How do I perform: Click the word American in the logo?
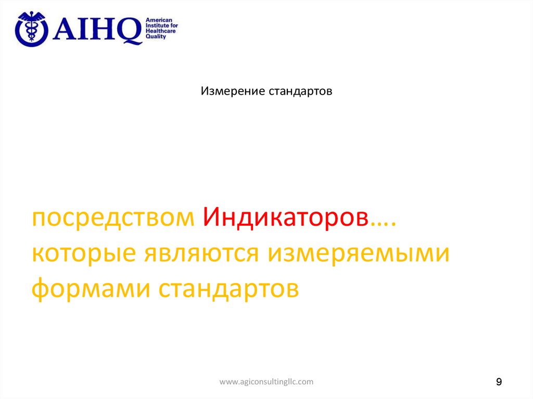pyautogui.click(x=158, y=19)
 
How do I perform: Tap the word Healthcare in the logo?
pyautogui.click(x=160, y=31)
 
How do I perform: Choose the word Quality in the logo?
pyautogui.click(x=156, y=37)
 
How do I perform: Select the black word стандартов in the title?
pyautogui.click(x=300, y=92)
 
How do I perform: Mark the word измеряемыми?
pyautogui.click(x=359, y=253)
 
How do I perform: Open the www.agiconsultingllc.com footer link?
pyautogui.click(x=266, y=382)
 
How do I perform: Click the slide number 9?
pyautogui.click(x=499, y=382)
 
